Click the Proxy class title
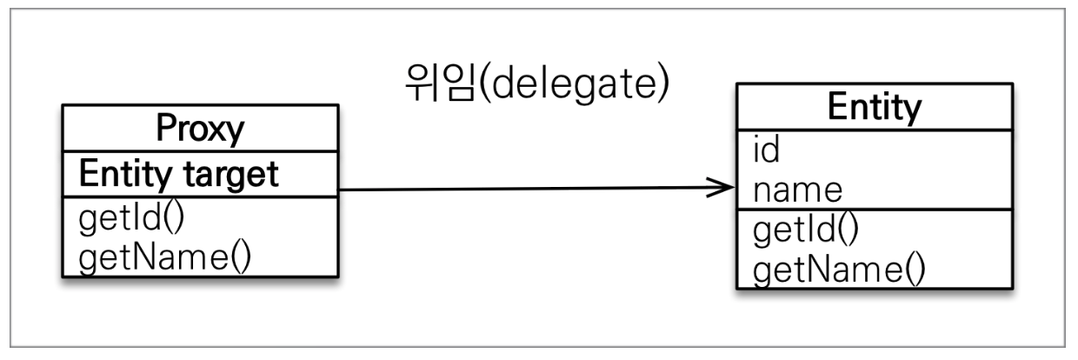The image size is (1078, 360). (x=199, y=130)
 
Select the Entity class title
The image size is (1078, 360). (x=874, y=109)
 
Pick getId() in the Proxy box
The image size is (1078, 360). (x=132, y=218)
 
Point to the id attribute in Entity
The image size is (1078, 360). (x=765, y=150)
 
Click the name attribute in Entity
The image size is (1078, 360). (x=797, y=189)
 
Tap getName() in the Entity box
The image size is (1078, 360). (x=838, y=270)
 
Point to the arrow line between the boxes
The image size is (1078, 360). (x=522, y=188)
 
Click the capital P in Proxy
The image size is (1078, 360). (x=165, y=129)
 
